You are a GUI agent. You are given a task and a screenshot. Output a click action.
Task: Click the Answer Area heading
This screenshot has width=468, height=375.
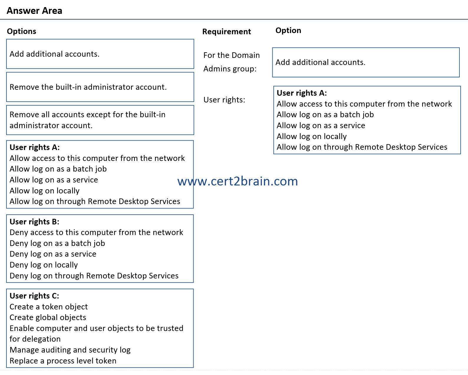34,11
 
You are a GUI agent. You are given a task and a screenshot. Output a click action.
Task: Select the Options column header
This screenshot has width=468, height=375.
22,31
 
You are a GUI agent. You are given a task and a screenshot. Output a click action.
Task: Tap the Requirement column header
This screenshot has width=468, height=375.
226,32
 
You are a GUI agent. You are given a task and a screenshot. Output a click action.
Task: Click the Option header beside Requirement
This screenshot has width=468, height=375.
288,30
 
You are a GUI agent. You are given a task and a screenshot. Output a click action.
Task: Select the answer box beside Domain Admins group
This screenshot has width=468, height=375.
365,62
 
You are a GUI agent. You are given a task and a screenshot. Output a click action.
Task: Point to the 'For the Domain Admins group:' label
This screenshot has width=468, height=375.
231,62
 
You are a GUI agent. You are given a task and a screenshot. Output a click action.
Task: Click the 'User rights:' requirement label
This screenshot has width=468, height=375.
224,100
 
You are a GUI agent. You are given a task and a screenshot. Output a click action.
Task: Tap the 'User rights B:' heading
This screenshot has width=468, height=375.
34,222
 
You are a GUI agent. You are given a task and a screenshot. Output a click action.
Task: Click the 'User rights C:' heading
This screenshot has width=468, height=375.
34,296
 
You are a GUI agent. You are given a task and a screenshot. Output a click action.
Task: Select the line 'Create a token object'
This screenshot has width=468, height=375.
49,307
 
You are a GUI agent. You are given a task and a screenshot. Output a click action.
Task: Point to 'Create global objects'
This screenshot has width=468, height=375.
48,317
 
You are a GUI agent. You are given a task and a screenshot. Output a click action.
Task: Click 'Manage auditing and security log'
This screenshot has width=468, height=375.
70,350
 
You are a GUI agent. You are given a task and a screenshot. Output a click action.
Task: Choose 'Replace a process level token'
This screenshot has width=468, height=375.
63,361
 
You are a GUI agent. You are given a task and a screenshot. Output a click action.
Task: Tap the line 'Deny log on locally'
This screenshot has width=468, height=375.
44,265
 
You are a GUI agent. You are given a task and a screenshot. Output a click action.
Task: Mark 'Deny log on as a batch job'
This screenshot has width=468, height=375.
57,243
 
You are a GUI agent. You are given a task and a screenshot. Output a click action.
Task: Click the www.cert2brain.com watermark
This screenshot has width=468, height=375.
238,181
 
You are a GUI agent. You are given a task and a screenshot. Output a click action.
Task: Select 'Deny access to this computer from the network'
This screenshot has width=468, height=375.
96,232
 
